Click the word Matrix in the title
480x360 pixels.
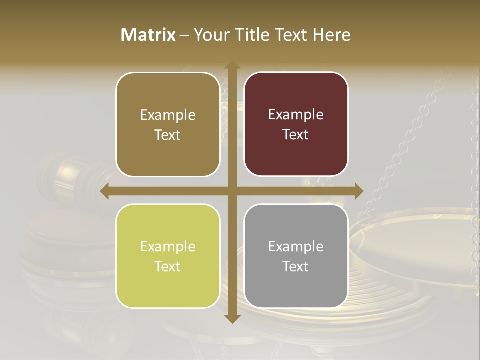(x=148, y=35)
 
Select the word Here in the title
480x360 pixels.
(x=332, y=35)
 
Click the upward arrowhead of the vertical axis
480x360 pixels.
(x=232, y=65)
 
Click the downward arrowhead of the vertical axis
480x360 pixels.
(x=232, y=318)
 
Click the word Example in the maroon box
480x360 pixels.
(x=296, y=114)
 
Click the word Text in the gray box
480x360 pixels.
(x=296, y=266)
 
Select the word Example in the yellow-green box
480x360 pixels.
(x=168, y=246)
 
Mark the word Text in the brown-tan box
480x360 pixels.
(x=168, y=135)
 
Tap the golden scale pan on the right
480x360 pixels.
(x=420, y=240)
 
